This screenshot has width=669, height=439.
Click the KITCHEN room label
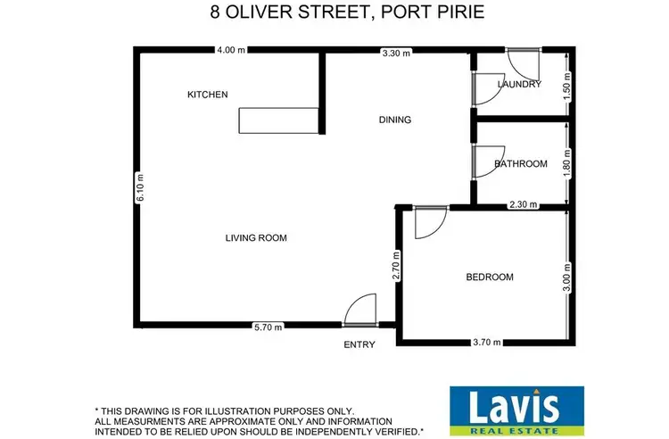[x=207, y=95]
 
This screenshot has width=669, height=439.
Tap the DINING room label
[x=395, y=120]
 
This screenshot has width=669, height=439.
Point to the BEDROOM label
[x=490, y=277]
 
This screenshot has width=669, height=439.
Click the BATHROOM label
[x=520, y=163]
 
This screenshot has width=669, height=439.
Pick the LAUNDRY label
[x=519, y=85]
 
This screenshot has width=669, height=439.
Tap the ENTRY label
[x=359, y=344]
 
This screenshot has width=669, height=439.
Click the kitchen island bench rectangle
[x=277, y=120]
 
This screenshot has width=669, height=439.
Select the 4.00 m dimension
[x=230, y=51]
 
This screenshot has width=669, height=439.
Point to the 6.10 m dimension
[x=139, y=187]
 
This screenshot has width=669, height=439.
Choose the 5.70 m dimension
[x=268, y=327]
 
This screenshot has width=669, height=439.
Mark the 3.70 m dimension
[x=486, y=342]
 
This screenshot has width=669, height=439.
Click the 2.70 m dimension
[x=397, y=266]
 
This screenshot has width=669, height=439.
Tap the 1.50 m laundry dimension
[x=566, y=85]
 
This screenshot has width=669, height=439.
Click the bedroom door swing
[x=429, y=223]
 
